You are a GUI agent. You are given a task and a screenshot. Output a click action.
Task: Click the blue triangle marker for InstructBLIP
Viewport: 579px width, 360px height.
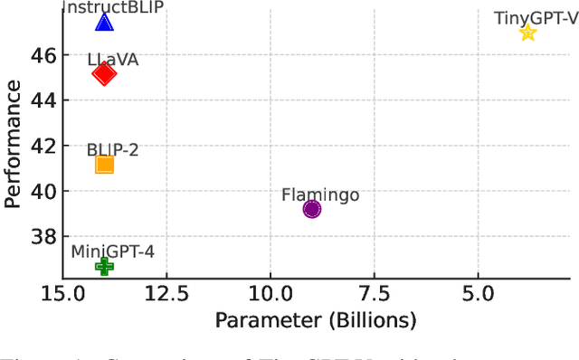pyautogui.click(x=104, y=23)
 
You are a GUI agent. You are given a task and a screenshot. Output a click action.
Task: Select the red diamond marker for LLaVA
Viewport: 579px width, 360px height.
pyautogui.click(x=104, y=74)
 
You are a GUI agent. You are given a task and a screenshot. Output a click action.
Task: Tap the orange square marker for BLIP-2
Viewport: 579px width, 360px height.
pyautogui.click(x=104, y=164)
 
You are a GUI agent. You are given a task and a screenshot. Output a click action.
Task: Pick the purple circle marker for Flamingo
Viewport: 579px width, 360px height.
pyautogui.click(x=312, y=209)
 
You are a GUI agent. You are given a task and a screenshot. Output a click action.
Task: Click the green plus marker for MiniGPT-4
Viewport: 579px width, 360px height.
pyautogui.click(x=104, y=266)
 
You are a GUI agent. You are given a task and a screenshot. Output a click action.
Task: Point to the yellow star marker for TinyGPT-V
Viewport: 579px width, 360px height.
pyautogui.click(x=527, y=33)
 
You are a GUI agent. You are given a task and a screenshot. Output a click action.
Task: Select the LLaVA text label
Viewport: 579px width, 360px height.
pyautogui.click(x=112, y=59)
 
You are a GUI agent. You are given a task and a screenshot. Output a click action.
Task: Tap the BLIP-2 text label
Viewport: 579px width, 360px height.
pyautogui.click(x=112, y=149)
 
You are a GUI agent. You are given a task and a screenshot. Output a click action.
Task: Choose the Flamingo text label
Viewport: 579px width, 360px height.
pyautogui.click(x=320, y=194)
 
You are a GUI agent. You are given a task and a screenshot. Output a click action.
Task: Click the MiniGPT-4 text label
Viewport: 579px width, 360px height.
pyautogui.click(x=112, y=251)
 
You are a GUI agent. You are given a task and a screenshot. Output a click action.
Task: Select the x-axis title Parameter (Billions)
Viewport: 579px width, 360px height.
pyautogui.click(x=315, y=320)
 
